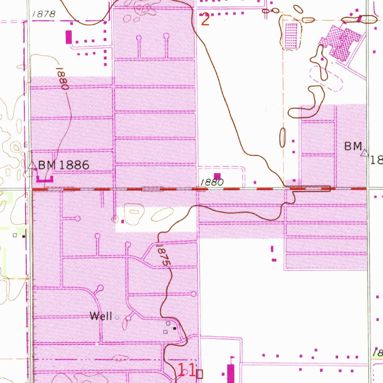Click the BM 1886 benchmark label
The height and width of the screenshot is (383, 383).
[x=64, y=165]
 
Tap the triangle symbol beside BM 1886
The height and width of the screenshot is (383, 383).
[x=32, y=165]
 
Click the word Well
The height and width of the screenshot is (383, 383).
[x=101, y=316]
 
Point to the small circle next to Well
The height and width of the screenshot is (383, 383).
[x=117, y=318]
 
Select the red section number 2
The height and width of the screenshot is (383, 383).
[x=205, y=19]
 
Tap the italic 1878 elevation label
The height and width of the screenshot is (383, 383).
[x=44, y=14]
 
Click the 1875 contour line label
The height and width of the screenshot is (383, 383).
[x=163, y=255]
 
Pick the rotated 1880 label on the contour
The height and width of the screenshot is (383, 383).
[x=62, y=79]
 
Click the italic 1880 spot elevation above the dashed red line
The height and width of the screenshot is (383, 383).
[x=212, y=182]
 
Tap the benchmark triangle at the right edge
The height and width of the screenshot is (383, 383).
[x=364, y=153]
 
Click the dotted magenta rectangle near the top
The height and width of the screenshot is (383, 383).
[x=291, y=36]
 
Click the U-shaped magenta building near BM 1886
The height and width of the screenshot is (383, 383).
[x=45, y=178]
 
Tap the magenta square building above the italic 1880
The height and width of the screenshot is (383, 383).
[x=217, y=175]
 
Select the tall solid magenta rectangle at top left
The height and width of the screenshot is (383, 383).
[x=68, y=37]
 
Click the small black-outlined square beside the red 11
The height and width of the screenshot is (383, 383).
[x=200, y=373]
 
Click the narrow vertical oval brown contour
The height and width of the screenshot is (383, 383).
[x=283, y=137]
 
